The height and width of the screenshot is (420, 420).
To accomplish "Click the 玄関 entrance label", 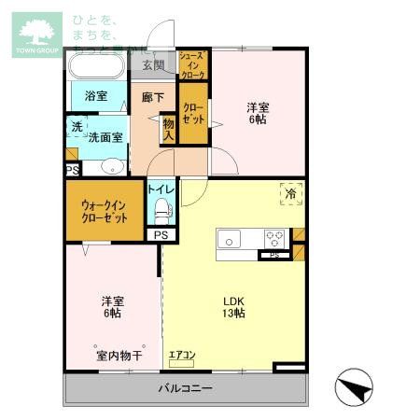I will click(x=154, y=65).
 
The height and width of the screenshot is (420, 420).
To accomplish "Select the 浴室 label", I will click(x=95, y=96).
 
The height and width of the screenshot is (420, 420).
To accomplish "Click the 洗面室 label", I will click(x=105, y=136).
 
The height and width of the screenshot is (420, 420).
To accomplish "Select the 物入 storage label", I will click(x=169, y=129).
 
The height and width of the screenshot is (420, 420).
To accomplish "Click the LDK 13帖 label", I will click(x=233, y=307).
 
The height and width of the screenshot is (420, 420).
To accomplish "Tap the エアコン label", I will click(x=181, y=354).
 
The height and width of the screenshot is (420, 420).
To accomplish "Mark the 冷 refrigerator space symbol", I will click(x=291, y=194).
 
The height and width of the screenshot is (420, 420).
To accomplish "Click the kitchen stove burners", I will click(x=275, y=237).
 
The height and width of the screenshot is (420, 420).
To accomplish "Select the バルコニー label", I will click(x=185, y=387).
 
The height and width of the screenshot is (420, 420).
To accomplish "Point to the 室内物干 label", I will click(x=118, y=356).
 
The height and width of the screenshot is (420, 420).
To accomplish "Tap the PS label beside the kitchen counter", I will click(x=273, y=254).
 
